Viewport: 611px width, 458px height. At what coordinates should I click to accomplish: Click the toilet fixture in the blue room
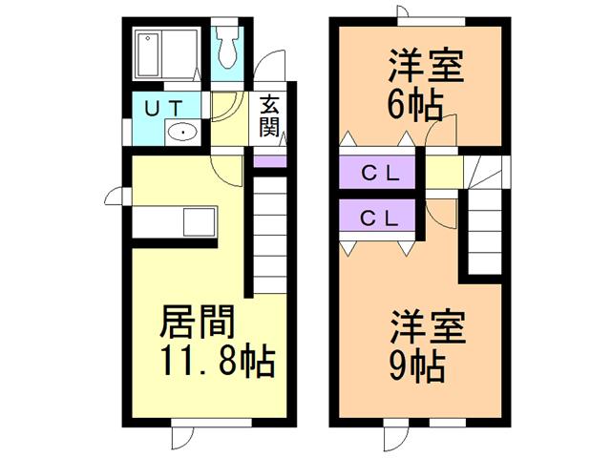point(227,47)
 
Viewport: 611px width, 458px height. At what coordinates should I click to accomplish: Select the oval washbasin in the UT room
point(182,132)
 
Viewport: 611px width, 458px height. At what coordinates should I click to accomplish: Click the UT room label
point(163,108)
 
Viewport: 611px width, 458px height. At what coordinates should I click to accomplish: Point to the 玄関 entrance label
point(268,115)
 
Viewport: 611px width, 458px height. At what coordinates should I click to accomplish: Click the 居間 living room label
point(198,322)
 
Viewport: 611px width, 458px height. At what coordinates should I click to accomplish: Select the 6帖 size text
point(415,105)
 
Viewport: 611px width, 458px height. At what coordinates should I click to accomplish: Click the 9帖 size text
point(417,366)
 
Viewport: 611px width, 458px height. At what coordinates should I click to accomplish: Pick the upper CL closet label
point(380,174)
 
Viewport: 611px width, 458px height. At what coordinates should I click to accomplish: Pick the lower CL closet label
point(380,219)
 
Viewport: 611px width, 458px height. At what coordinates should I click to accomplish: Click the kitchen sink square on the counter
point(200,222)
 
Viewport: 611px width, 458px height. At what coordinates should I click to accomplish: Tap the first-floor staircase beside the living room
point(270,236)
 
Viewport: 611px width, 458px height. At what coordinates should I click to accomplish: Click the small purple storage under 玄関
point(270,161)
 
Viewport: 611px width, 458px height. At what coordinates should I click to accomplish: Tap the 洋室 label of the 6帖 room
point(427,66)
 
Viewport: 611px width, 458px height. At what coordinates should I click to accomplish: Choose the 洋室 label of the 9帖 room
point(428,326)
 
